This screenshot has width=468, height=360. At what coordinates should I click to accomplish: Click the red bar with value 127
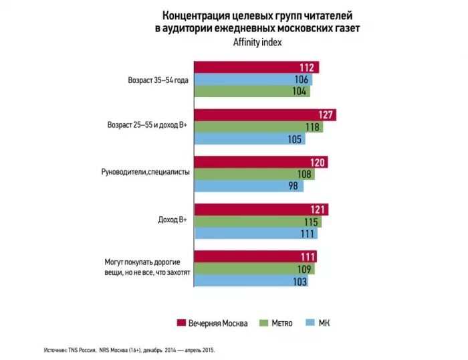(x=264, y=115)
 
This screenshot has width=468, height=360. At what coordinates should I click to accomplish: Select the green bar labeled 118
(x=257, y=127)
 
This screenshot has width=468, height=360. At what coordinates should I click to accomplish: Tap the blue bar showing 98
(x=247, y=185)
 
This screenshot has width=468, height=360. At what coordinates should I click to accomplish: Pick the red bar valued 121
(x=261, y=209)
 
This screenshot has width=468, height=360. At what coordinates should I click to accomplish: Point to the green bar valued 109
(x=254, y=270)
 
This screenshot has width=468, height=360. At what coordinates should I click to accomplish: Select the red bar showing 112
(x=255, y=67)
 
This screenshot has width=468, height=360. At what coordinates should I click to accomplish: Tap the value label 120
(x=318, y=162)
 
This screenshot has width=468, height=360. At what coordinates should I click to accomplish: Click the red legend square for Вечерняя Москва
(x=181, y=323)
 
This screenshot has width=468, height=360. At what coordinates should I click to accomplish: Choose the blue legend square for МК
(x=309, y=323)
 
